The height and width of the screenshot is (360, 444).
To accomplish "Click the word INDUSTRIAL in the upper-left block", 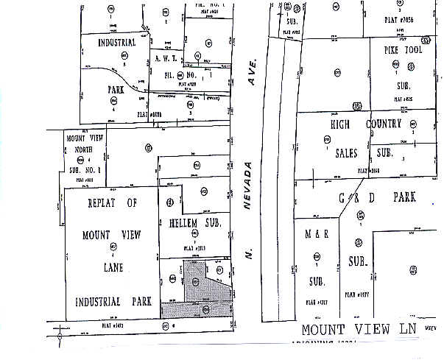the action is pos(116,43).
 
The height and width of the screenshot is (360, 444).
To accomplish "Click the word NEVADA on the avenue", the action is pos(248,188).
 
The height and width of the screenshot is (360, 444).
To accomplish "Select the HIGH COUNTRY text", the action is pos(366,124).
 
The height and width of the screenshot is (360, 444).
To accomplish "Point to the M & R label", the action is pos(317,235).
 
